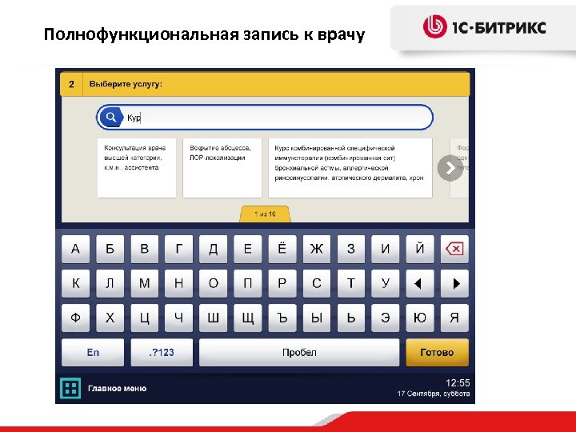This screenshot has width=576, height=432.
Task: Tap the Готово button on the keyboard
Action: [436, 352]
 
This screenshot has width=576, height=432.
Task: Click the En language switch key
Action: [93, 352]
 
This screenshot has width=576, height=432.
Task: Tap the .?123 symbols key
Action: [162, 352]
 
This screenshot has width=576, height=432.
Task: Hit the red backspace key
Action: [454, 249]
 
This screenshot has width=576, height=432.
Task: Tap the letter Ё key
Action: [282, 249]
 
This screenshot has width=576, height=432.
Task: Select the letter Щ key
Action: [247, 318]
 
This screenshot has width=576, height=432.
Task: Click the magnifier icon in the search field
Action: [110, 118]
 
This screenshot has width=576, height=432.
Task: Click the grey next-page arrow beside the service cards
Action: [450, 168]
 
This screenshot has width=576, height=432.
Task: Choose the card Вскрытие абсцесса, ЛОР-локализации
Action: [222, 168]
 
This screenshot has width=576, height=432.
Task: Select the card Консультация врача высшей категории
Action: [137, 168]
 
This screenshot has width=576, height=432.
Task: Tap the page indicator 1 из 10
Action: [265, 214]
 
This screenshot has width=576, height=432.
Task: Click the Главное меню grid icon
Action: [71, 389]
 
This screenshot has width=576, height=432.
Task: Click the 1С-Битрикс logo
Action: [485, 27]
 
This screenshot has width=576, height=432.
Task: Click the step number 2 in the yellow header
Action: [72, 84]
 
